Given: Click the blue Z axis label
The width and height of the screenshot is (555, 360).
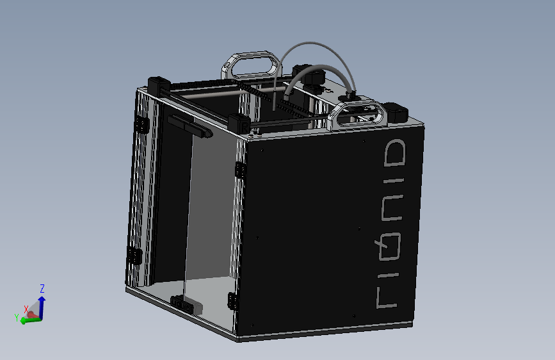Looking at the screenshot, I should pyautogui.click(x=42, y=288).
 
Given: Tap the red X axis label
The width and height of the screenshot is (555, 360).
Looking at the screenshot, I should pyautogui.click(x=26, y=309).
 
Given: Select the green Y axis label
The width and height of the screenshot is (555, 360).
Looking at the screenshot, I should pyautogui.click(x=16, y=317).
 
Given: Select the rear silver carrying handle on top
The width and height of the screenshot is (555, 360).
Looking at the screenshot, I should pyautogui.click(x=251, y=65).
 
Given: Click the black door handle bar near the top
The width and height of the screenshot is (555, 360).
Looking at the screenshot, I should pyautogui.click(x=189, y=127).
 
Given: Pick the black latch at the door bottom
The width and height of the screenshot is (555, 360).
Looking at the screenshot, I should pyautogui.click(x=182, y=304).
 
